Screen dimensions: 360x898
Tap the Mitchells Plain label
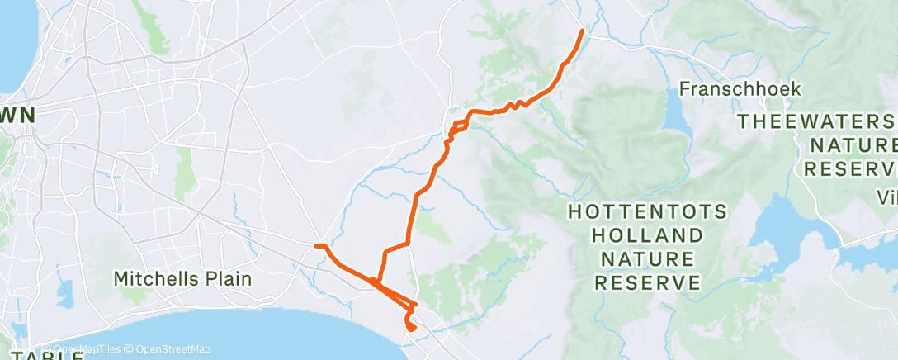[x=182, y=279]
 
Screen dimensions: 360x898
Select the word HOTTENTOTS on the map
[x=647, y=212]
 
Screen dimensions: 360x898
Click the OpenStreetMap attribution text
[x=173, y=349]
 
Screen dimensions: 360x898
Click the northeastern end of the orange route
[x=582, y=31]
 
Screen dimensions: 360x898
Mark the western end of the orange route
[x=316, y=245]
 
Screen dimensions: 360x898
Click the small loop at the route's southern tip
[x=409, y=327]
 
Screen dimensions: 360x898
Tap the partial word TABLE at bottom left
[x=41, y=356]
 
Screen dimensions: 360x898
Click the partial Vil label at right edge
[x=887, y=198]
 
